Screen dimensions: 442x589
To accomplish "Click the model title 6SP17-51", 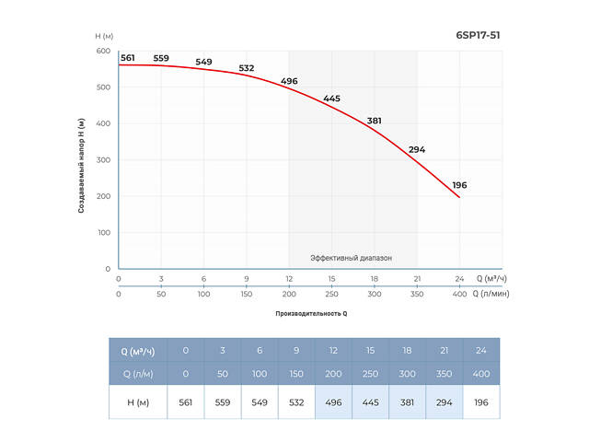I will [x=479, y=36].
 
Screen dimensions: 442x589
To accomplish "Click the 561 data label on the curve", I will [x=128, y=58].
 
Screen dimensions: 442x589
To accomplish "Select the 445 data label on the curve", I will [x=331, y=99].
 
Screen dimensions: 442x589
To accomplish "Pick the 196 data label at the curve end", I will [x=459, y=185].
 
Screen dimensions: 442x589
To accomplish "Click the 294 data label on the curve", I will [x=417, y=149].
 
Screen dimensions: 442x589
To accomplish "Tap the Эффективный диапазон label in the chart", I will [x=351, y=258].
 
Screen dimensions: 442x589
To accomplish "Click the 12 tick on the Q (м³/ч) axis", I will [x=289, y=278].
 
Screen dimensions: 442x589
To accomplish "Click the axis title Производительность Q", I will [x=311, y=314].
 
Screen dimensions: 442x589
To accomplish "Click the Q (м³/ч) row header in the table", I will [x=138, y=350].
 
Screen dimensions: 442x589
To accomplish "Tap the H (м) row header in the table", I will [x=138, y=402].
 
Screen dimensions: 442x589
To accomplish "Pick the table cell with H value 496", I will [x=333, y=402].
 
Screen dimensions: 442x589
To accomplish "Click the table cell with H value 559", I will [x=223, y=402].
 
